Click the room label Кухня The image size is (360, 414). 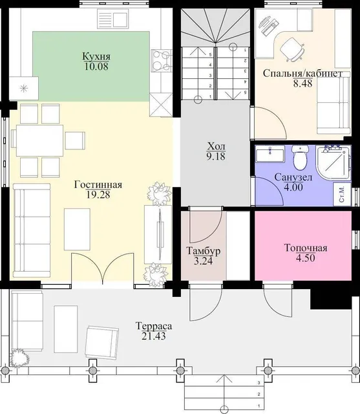click(96, 56)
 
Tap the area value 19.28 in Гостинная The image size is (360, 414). click(98, 195)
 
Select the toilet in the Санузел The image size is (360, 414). click(300, 157)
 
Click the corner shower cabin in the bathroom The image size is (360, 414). click(334, 162)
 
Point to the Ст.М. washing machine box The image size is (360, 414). click(342, 194)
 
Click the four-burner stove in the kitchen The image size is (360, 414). click(162, 60)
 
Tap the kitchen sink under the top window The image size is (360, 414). click(113, 18)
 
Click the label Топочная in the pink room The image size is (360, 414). click(306, 248)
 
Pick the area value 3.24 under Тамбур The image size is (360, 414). click(203, 261)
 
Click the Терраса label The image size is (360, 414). click(154, 326)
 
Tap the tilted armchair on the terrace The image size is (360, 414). click(102, 342)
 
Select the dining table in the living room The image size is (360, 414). click(40, 141)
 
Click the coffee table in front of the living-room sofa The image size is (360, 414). click(78, 229)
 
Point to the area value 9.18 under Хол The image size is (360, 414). click(216, 157)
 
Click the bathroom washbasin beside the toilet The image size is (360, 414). click(270, 153)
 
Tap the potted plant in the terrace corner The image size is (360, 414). click(20, 358)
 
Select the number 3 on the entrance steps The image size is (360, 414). click(259, 382)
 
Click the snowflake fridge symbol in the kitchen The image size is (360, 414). click(24, 89)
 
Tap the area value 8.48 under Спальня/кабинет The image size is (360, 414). click(302, 83)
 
